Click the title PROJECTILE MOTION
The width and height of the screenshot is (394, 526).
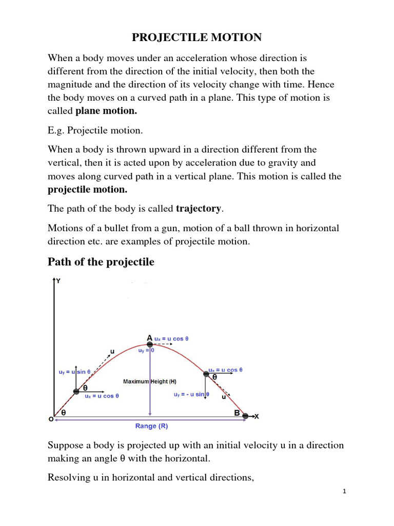click(x=197, y=37)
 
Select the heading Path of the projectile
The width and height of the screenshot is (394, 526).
click(x=101, y=262)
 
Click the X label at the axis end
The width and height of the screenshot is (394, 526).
click(x=256, y=416)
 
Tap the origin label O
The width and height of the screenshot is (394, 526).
click(x=51, y=419)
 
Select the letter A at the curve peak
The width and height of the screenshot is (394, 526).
click(x=150, y=337)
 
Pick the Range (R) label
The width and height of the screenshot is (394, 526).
click(x=151, y=426)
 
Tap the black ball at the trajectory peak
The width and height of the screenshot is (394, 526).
click(x=150, y=344)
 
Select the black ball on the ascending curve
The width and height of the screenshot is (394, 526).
click(x=76, y=391)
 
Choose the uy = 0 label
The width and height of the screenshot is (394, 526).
click(x=146, y=350)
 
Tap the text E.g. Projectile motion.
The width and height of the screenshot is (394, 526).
click(x=95, y=130)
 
